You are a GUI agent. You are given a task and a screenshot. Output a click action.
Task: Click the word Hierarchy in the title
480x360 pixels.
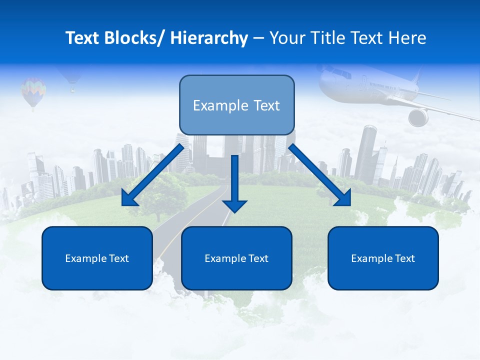209,38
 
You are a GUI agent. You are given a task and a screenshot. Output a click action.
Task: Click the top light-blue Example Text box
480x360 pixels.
236,105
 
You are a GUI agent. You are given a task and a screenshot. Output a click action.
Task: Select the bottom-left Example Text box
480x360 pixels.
97,258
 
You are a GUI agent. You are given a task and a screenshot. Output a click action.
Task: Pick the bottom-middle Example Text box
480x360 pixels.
236,258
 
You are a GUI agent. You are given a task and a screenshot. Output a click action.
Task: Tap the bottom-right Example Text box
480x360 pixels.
383,258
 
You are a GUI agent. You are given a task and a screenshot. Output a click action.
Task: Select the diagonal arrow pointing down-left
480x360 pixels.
153,175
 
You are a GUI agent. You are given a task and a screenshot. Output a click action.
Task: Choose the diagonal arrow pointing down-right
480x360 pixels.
320,175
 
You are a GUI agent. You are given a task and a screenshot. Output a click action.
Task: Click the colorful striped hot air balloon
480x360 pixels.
33,91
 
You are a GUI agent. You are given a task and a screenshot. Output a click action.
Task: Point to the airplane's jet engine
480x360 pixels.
418,117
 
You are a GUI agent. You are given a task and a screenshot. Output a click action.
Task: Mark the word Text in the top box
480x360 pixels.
265,105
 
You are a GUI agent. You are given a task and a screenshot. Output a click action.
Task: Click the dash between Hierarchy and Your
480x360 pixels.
258,38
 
